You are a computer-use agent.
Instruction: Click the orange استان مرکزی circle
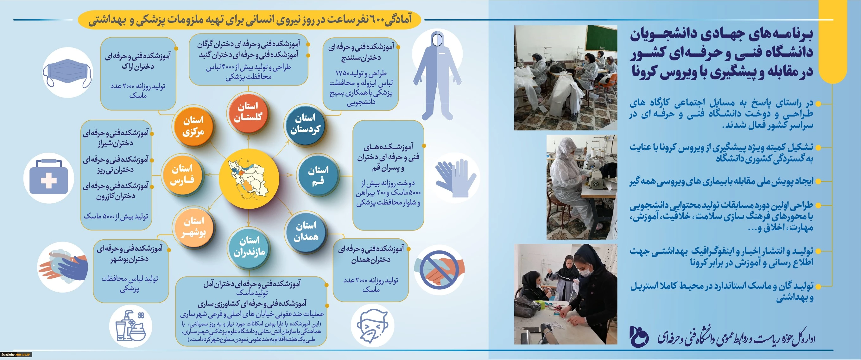193,126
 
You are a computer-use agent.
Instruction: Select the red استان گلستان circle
248,112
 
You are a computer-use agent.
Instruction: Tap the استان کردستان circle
305,124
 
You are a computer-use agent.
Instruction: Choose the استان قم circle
318,175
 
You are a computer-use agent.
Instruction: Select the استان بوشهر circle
193,227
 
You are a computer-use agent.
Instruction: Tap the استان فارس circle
182,174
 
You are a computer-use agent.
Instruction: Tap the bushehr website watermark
16,354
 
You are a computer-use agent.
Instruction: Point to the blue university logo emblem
639,337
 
